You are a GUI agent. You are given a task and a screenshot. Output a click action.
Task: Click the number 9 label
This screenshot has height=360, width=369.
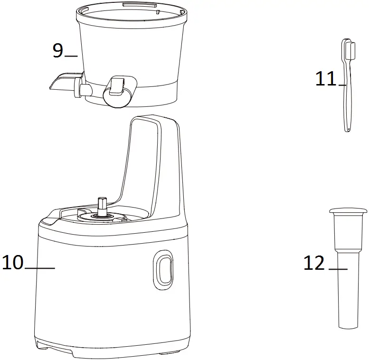click(x=57, y=50)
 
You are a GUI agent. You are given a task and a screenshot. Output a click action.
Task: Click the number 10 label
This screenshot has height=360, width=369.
click(x=13, y=262)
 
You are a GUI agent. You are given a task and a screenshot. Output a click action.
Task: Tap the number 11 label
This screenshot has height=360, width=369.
click(x=326, y=79)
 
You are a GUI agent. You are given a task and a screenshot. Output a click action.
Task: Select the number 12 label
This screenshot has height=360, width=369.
click(x=314, y=263)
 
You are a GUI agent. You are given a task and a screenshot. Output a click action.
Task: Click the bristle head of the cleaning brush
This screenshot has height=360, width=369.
click(x=351, y=50)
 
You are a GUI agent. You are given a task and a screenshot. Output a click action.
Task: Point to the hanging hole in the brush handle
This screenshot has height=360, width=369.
click(x=348, y=128)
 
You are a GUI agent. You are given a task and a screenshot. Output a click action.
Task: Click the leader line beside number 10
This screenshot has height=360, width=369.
click(x=39, y=268)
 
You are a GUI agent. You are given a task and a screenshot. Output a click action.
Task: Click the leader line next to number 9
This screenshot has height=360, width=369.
click(x=71, y=56)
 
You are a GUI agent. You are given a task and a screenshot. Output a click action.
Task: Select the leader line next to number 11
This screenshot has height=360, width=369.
click(x=342, y=85)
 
